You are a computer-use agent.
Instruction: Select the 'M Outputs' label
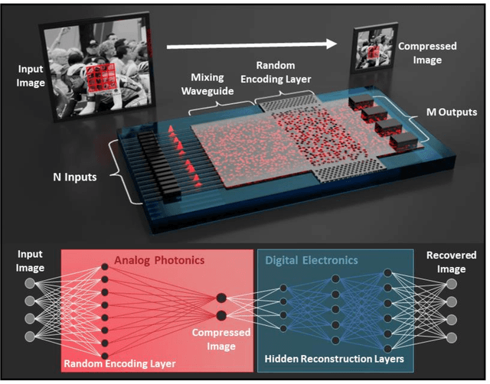click(450, 112)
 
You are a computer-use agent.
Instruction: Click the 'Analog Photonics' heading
click(160, 260)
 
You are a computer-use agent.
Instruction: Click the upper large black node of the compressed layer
click(221, 298)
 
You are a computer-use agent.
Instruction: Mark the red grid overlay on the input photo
click(99, 80)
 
